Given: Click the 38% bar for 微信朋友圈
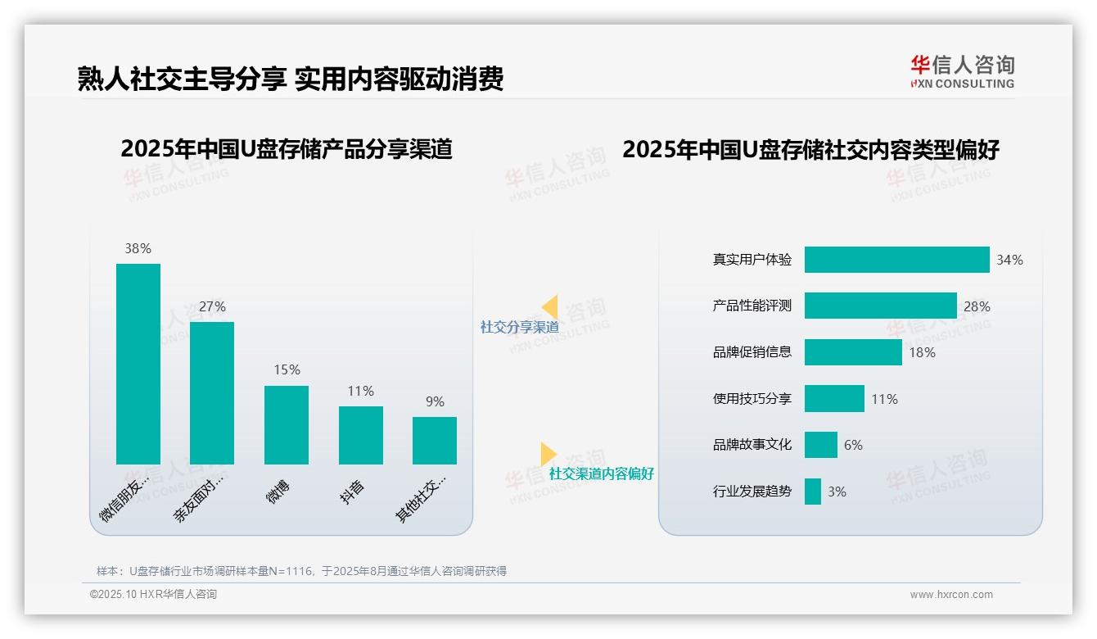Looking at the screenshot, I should click(x=138, y=364).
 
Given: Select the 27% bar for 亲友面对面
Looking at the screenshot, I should click(x=212, y=393).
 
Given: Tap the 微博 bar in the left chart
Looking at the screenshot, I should click(x=287, y=424).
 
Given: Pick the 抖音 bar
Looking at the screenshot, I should click(x=361, y=435).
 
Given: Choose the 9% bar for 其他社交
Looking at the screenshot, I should click(x=435, y=440).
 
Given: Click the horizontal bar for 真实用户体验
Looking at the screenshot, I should click(x=896, y=260).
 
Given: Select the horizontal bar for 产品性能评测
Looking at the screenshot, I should click(x=880, y=306).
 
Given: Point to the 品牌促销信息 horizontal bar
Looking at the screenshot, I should click(x=852, y=352).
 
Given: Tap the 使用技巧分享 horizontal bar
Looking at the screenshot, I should click(x=834, y=399).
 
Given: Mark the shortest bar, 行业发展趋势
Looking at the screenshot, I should click(x=812, y=492).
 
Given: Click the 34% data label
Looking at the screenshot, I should click(x=1009, y=260).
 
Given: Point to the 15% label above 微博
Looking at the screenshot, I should click(x=287, y=370).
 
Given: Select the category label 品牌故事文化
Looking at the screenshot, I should click(x=752, y=445).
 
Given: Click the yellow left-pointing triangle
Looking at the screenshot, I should click(x=549, y=307).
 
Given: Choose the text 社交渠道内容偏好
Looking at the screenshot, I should click(x=602, y=474).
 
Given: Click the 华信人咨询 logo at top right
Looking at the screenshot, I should click(x=962, y=71).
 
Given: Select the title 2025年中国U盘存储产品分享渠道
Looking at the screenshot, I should click(x=287, y=149).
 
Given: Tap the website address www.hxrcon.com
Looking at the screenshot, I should click(x=951, y=595).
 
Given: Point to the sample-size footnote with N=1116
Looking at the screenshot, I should click(x=301, y=571).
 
